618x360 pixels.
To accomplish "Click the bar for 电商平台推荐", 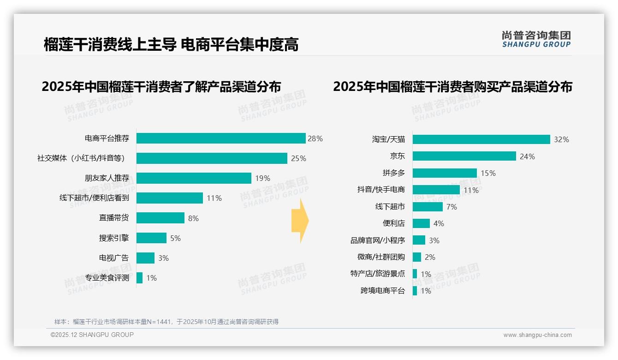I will [221, 138].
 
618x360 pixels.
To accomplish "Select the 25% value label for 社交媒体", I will [298, 158].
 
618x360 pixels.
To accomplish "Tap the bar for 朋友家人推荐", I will [194, 178].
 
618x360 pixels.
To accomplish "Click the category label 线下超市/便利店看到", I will [94, 198].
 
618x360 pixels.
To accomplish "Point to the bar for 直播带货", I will [160, 218].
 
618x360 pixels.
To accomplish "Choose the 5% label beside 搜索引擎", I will [175, 238].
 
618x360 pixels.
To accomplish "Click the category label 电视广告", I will [114, 258].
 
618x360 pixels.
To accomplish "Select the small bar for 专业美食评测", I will [139, 278].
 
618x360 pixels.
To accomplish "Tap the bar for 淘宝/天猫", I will [481, 139].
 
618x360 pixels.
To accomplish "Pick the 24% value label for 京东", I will [527, 156].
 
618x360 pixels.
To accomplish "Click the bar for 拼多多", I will [445, 173].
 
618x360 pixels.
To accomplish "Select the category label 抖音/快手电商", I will [381, 190].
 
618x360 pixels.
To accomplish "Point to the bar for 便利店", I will [421, 223].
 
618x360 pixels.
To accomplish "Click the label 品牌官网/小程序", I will [378, 240].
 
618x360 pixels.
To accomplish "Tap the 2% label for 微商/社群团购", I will [430, 257].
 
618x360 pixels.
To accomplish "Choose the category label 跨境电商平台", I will [383, 291].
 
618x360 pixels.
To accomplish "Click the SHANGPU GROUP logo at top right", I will [536, 39].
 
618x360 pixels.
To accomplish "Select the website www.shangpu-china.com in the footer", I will [537, 335].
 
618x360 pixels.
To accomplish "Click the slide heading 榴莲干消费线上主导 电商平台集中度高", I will [171, 44].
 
